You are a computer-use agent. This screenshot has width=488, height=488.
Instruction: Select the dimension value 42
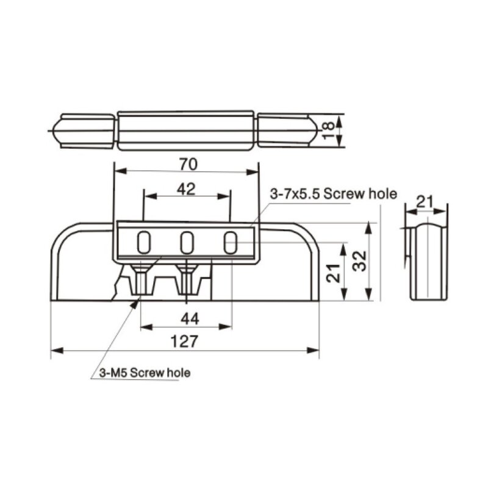(186, 189)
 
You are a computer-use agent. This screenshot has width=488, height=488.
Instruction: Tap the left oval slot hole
(143, 243)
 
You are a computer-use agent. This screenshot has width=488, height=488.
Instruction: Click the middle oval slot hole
(187, 243)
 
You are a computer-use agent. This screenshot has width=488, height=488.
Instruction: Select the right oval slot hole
(231, 243)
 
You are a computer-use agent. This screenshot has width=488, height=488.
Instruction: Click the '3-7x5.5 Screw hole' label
(333, 195)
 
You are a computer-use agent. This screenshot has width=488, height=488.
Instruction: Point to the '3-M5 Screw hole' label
(144, 373)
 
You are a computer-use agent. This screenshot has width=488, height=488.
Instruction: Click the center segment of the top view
(186, 131)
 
